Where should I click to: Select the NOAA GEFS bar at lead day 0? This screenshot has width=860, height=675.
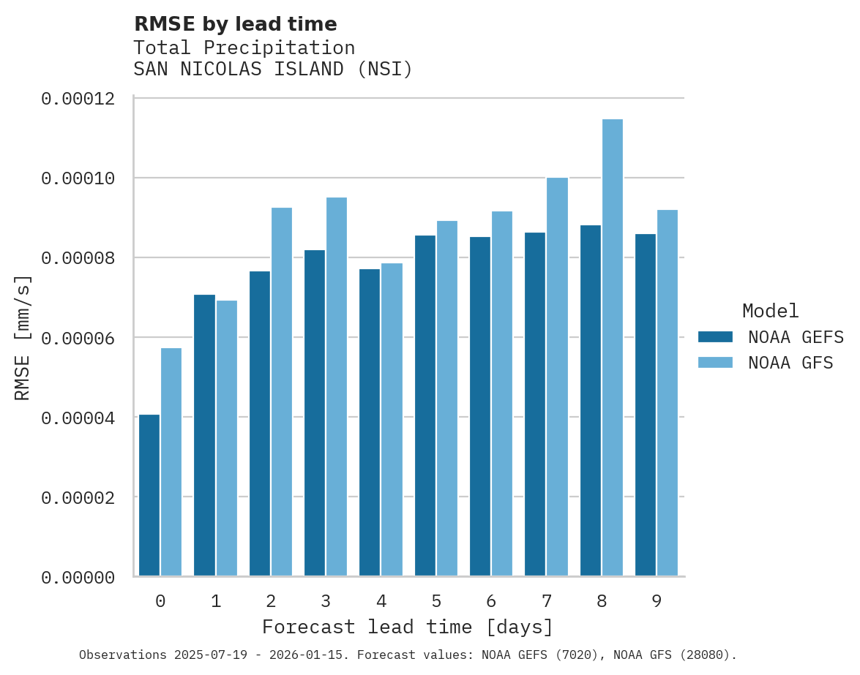149,495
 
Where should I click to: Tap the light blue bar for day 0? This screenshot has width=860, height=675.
171,461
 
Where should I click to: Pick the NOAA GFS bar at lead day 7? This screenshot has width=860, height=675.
557,377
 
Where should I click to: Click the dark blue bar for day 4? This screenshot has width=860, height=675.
370,423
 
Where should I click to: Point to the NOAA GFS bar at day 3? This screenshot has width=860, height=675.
337,387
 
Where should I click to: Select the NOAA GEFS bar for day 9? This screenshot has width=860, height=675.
646,405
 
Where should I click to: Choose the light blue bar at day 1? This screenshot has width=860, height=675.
227,438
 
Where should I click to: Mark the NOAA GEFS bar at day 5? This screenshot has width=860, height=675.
425,406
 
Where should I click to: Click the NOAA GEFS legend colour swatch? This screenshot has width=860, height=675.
715,336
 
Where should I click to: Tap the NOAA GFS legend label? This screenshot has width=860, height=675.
790,363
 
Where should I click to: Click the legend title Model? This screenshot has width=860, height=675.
770,311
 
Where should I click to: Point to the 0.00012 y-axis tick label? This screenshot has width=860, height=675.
78,99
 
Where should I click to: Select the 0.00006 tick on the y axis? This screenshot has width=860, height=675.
78,338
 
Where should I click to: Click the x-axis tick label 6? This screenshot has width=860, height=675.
491,601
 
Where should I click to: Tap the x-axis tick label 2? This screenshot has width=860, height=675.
271,601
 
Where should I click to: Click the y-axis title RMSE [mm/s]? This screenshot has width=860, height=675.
23,338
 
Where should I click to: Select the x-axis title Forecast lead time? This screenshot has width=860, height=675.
408,627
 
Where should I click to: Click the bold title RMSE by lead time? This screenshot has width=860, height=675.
235,24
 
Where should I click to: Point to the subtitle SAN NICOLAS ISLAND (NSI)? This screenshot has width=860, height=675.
273,69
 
